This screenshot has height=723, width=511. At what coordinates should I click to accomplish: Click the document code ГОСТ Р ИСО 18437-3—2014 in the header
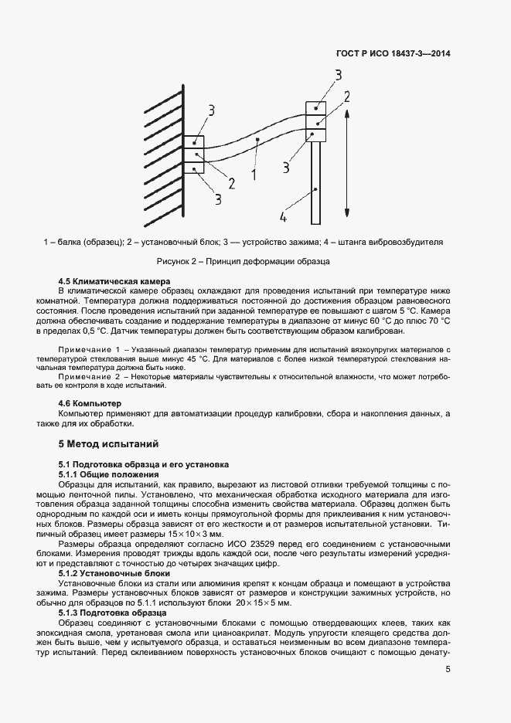point(394,54)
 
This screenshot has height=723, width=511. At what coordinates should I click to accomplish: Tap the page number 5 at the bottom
point(448,670)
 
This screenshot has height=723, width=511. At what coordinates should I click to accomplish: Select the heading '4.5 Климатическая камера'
point(114,280)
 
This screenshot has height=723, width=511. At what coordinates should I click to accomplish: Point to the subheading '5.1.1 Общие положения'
point(108,474)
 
